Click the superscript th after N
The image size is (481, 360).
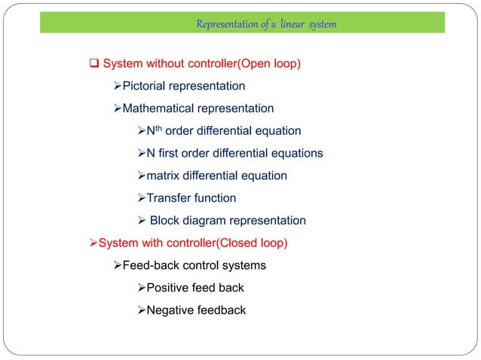158,129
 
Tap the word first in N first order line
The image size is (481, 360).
172,154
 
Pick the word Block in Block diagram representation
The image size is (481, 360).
165,221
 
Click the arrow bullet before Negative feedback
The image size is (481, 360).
140,310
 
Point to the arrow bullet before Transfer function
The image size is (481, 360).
140,198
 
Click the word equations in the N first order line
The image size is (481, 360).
296,154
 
